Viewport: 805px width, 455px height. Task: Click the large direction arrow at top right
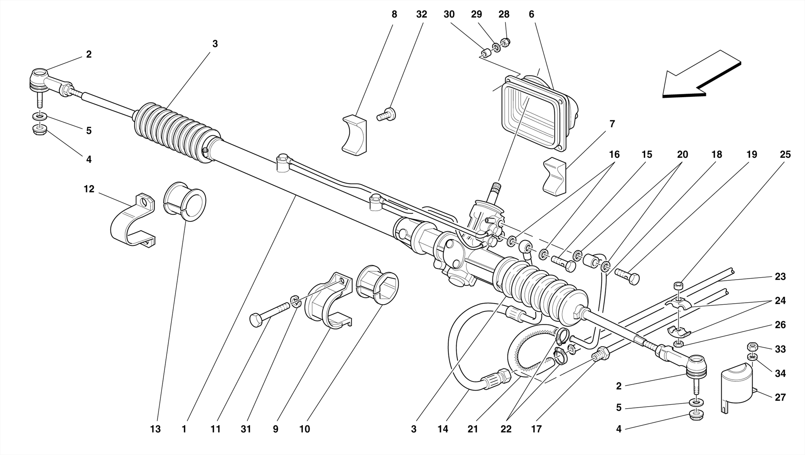click(700, 77)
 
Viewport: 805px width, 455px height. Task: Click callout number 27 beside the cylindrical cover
click(780, 397)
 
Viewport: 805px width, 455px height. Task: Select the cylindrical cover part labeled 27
click(736, 383)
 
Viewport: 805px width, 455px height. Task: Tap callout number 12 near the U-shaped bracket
click(89, 189)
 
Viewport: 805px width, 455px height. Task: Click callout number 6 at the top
click(531, 15)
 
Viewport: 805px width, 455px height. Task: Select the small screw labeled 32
click(387, 115)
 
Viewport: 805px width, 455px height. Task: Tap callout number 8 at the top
click(394, 15)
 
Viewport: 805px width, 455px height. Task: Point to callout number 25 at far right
click(785, 155)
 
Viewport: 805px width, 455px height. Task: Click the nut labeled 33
click(752, 347)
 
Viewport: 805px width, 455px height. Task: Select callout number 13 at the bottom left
click(155, 429)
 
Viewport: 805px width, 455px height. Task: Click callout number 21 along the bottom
click(472, 429)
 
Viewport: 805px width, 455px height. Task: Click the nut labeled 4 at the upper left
click(40, 130)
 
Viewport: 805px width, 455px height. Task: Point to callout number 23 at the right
click(780, 276)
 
